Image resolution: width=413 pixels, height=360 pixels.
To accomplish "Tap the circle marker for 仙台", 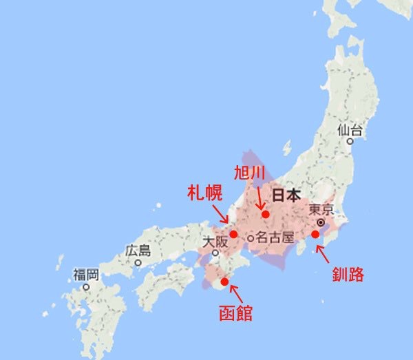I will click(350, 141).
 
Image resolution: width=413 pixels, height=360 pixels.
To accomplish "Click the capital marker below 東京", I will click(321, 223).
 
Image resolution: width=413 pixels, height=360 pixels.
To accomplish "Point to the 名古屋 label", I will click(275, 238).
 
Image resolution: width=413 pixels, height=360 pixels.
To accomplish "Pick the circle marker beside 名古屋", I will click(251, 238).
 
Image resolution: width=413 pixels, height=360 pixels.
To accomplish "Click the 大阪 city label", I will click(214, 242).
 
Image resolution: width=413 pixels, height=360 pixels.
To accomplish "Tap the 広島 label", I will click(138, 251).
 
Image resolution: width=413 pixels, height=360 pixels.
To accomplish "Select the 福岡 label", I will click(86, 275).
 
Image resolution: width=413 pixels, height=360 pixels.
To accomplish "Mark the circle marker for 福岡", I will click(86, 286).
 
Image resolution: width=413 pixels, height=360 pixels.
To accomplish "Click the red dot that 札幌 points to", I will click(234, 234).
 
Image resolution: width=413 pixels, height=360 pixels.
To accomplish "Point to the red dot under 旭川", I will click(265, 214).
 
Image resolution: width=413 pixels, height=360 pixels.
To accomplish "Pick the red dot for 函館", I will click(224, 282).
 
